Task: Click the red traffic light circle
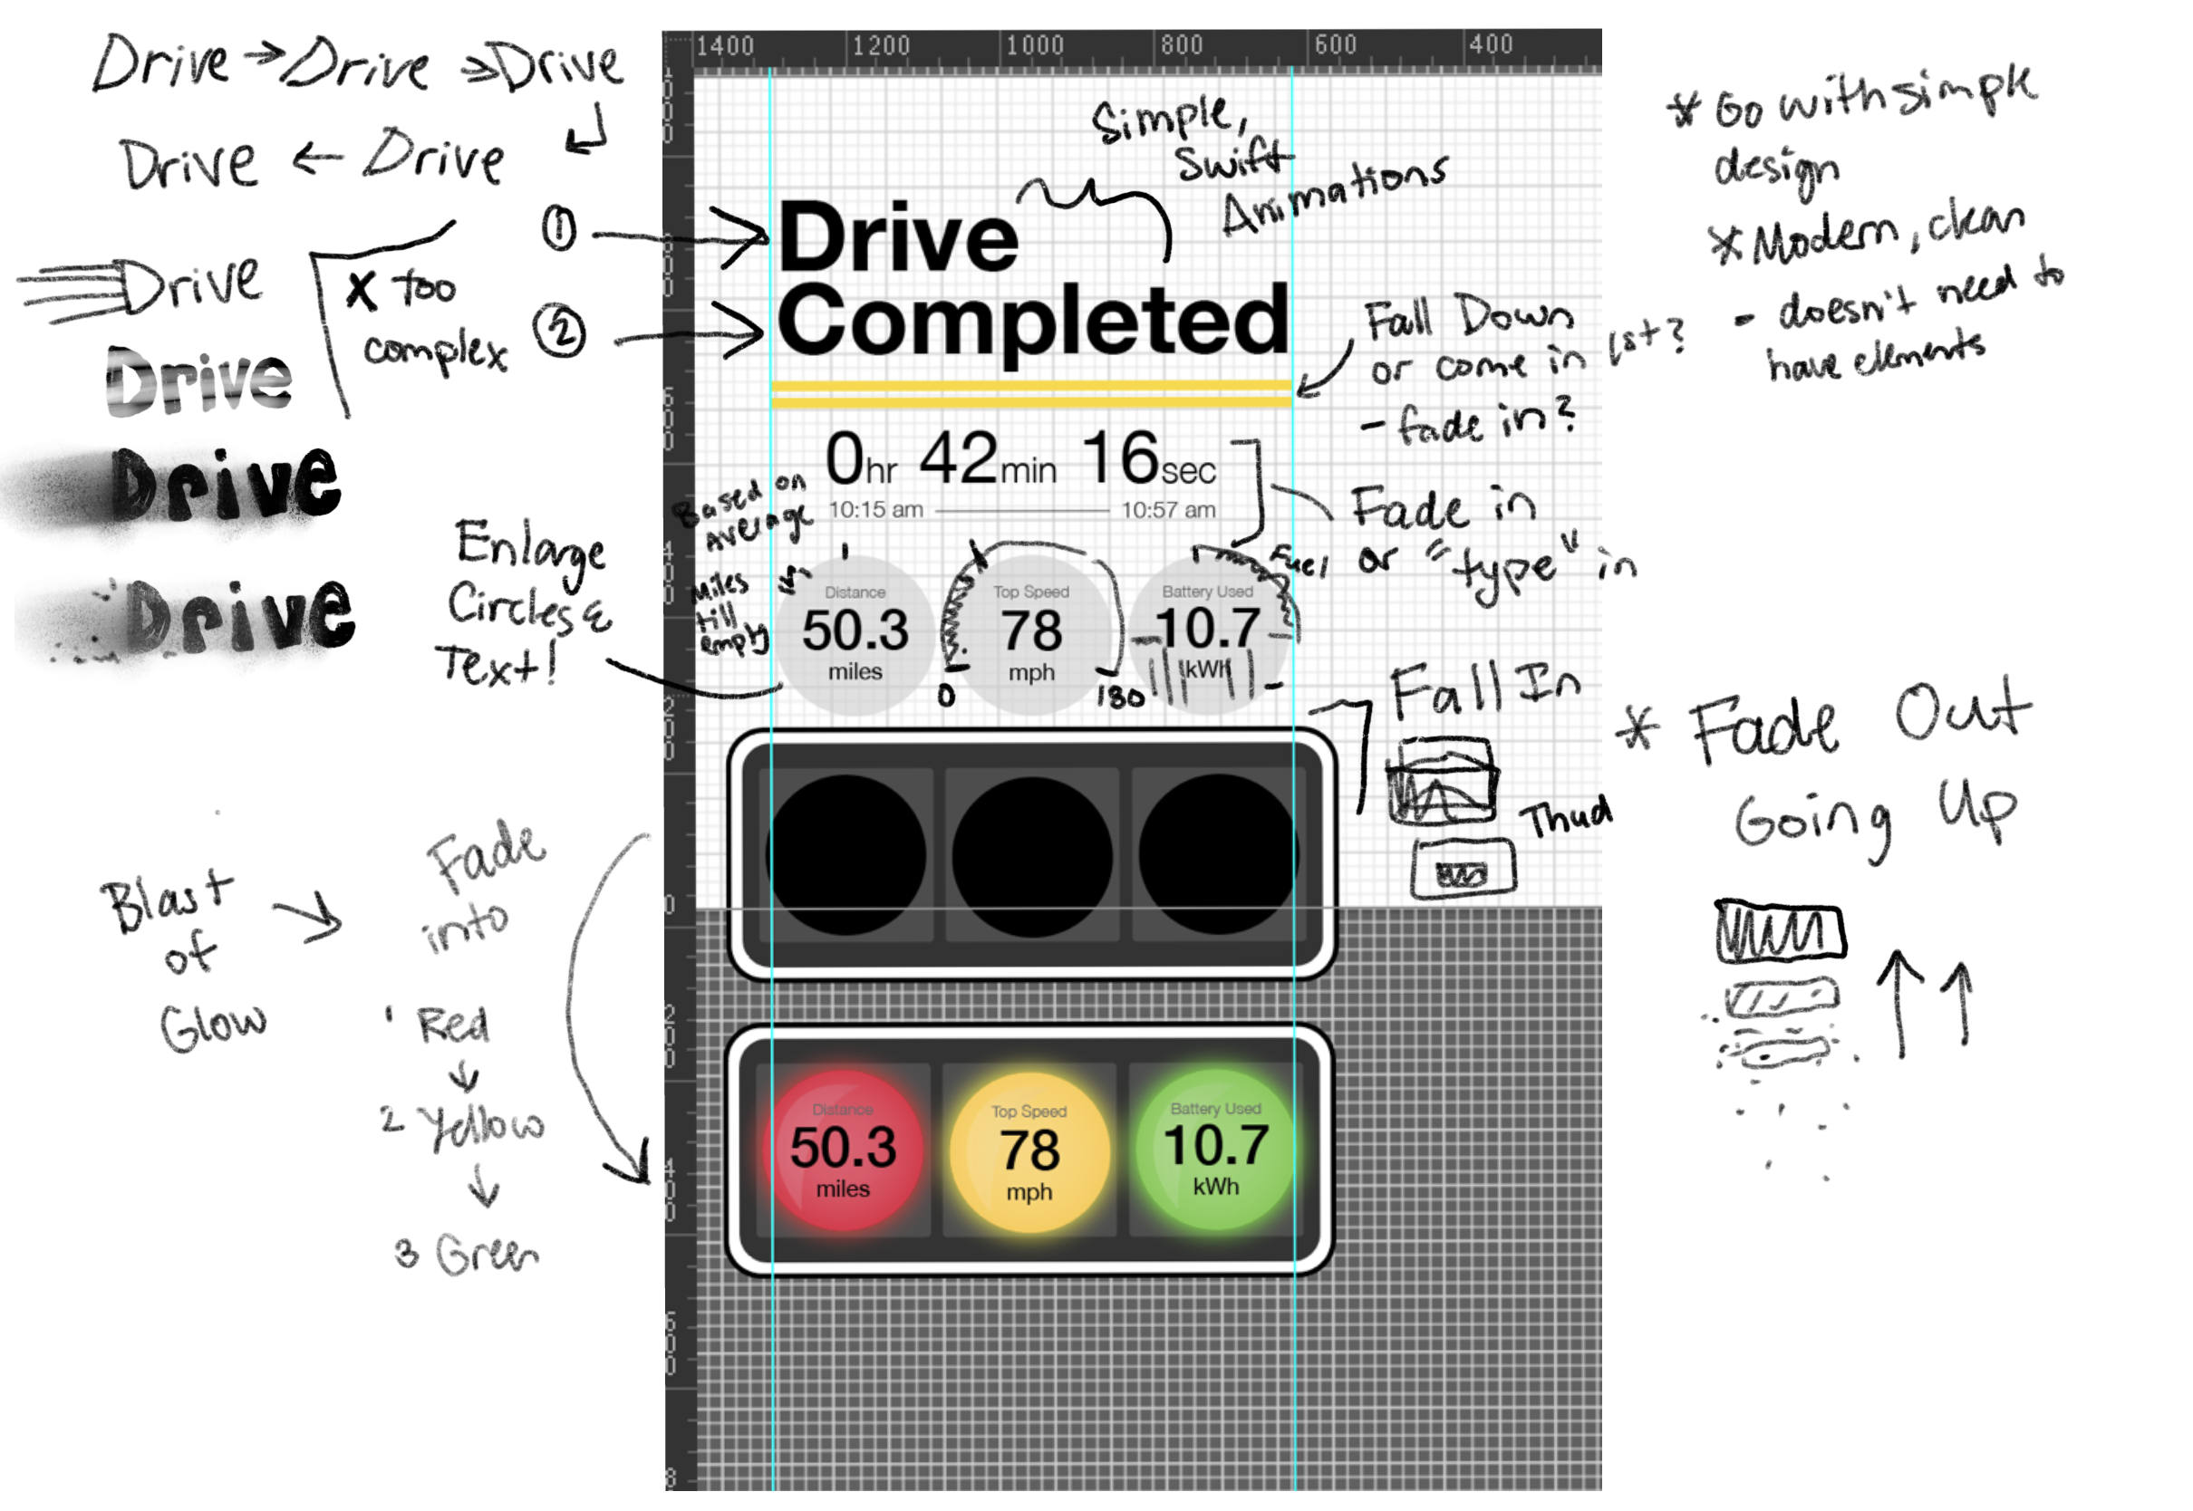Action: click(x=843, y=1150)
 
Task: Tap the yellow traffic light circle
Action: click(x=1029, y=1151)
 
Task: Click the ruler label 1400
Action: click(x=724, y=46)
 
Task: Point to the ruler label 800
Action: click(x=1182, y=45)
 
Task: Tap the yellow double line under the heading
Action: click(x=1031, y=394)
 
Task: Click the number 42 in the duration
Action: click(x=958, y=458)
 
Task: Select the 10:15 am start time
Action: click(x=876, y=510)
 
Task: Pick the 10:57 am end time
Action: click(x=1168, y=510)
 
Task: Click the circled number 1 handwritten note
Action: click(x=558, y=228)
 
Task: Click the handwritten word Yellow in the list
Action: click(x=483, y=1126)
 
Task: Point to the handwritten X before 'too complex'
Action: click(x=361, y=289)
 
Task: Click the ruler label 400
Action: click(x=1491, y=44)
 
